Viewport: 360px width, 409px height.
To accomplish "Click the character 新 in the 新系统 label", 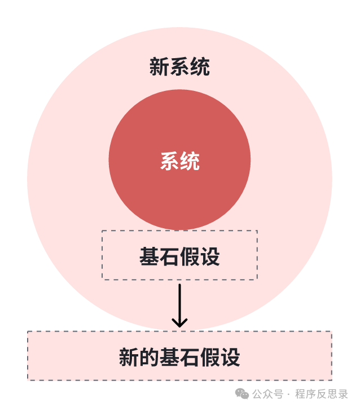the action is pyautogui.click(x=159, y=67).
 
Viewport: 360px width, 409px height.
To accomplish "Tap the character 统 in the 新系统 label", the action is pyautogui.click(x=200, y=67).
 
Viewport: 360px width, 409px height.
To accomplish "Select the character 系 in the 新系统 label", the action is pyautogui.click(x=179, y=67).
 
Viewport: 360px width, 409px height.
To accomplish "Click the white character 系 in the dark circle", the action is pyautogui.click(x=170, y=162).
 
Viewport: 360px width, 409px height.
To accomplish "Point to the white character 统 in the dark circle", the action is pyautogui.click(x=190, y=162).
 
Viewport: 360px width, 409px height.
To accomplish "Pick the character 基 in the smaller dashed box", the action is pyautogui.click(x=149, y=257).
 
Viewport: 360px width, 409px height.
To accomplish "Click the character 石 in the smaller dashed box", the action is pyautogui.click(x=169, y=257).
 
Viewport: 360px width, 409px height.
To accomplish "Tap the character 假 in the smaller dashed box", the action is pyautogui.click(x=190, y=257).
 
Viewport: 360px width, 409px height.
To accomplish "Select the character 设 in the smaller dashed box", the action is pyautogui.click(x=210, y=257).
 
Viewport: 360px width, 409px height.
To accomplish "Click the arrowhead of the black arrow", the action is pyautogui.click(x=179, y=323).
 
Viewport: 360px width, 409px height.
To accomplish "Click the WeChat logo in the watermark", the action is pyautogui.click(x=242, y=394).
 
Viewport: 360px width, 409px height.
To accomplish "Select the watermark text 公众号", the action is pyautogui.click(x=267, y=394).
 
